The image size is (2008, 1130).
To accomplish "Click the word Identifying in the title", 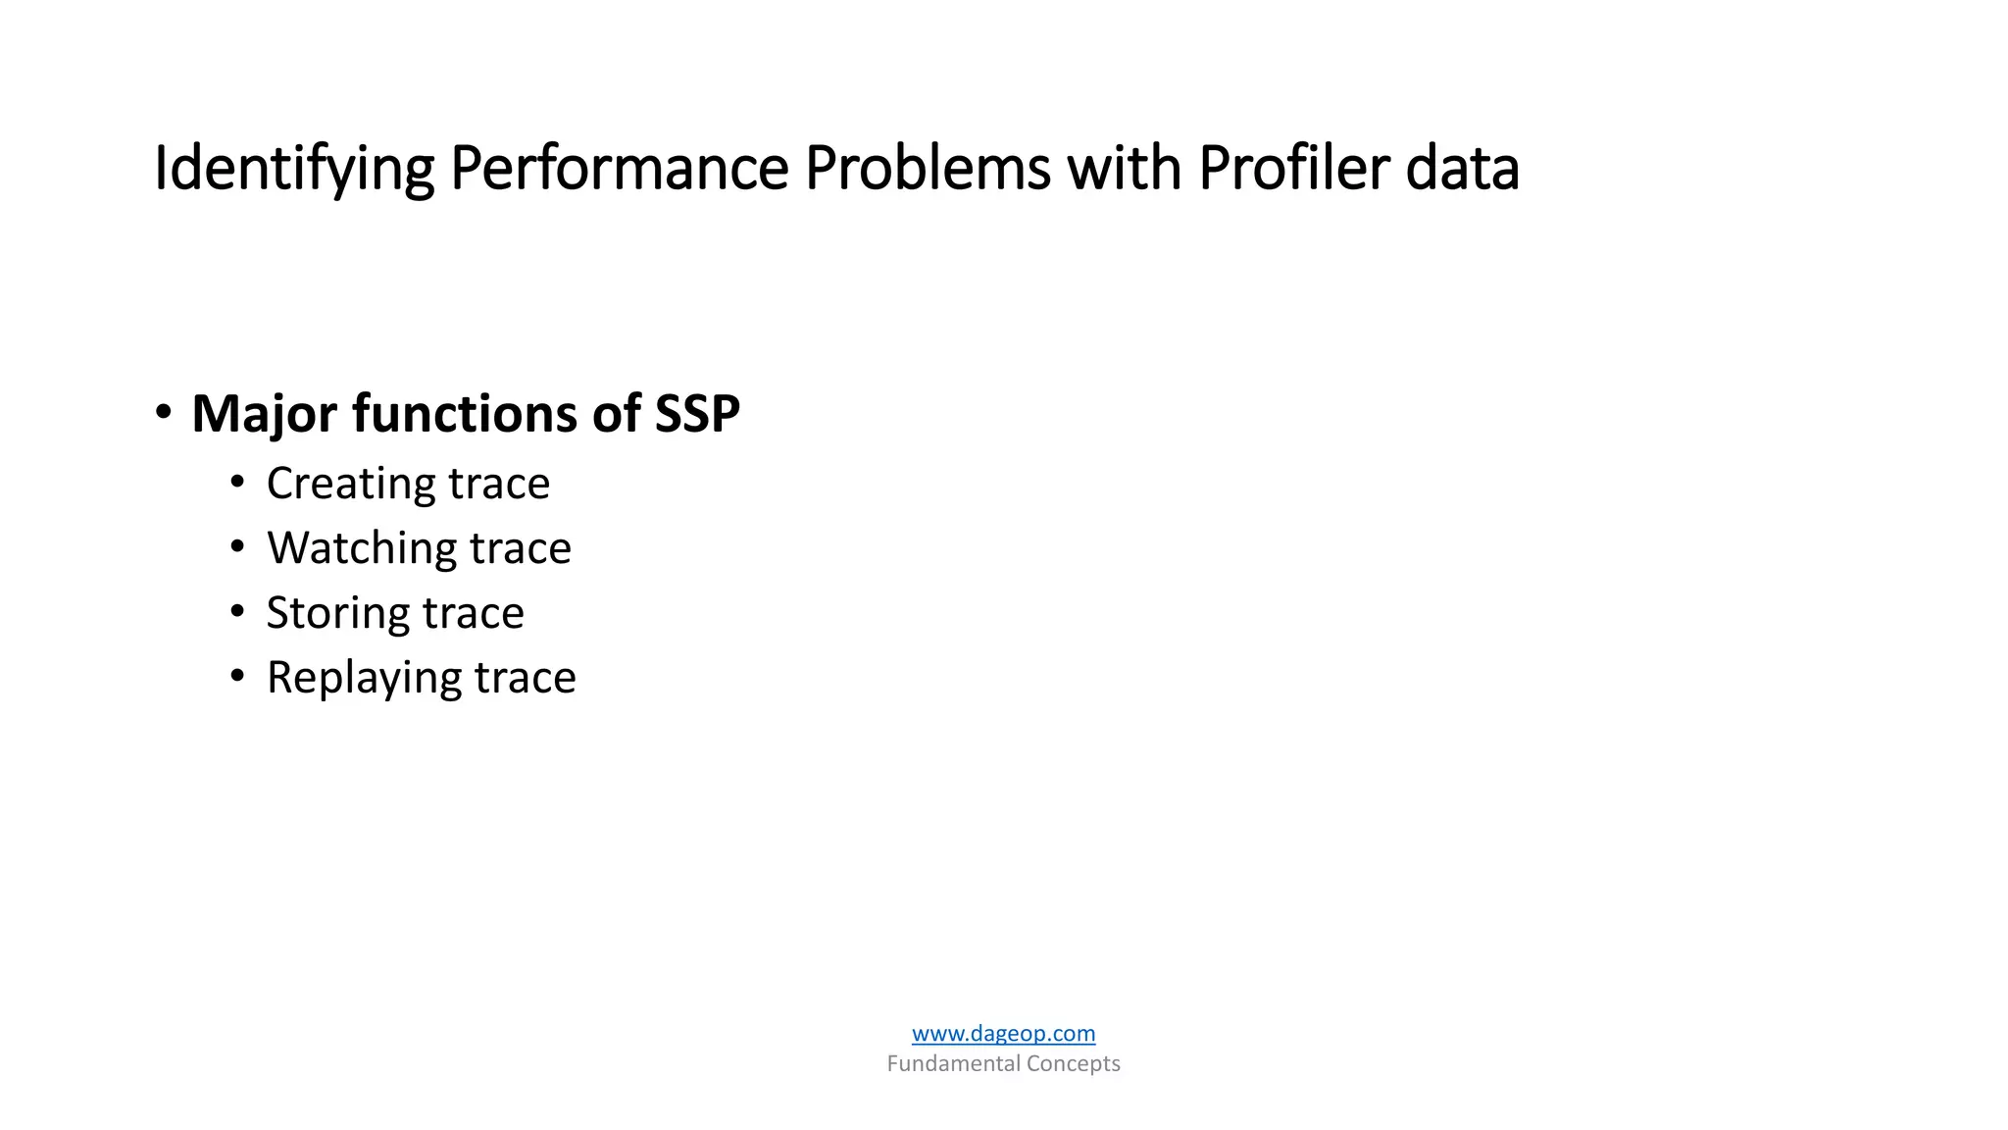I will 293,169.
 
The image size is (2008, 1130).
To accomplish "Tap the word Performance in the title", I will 619,169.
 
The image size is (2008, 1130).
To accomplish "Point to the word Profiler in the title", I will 1293,169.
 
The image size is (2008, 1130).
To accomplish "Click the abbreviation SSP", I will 696,414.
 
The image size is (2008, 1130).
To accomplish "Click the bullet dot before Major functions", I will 164,411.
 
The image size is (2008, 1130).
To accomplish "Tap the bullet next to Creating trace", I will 237,482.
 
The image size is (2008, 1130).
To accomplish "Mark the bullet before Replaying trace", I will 237,676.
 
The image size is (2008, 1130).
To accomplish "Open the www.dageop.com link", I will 1003,1033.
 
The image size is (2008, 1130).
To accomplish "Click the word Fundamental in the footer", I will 952,1063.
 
